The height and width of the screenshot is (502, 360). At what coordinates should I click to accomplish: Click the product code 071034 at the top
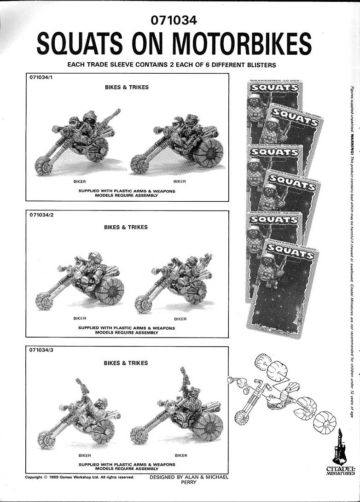174,20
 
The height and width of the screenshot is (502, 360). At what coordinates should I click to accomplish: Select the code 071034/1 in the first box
40,78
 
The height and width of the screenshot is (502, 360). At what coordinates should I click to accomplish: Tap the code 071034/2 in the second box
40,216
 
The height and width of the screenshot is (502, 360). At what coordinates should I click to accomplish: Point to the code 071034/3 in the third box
40,351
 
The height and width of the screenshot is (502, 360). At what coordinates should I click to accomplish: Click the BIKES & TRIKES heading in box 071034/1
126,87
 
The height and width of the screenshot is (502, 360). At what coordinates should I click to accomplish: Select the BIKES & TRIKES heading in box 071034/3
126,363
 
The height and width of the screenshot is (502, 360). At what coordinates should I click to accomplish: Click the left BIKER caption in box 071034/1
80,181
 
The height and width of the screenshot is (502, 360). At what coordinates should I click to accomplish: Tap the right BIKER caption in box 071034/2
180,319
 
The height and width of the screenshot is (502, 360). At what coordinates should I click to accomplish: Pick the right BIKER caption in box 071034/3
181,455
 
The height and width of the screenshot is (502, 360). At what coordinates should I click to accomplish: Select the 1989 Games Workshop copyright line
80,477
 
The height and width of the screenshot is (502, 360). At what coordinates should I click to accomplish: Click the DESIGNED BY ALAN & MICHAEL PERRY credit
189,479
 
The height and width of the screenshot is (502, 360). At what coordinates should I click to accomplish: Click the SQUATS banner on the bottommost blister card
290,251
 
